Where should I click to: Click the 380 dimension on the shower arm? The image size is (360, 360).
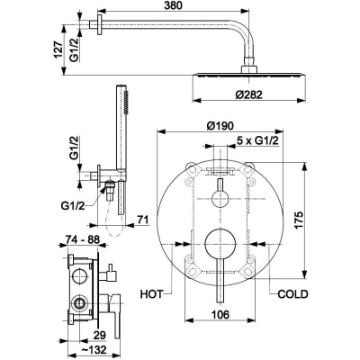click(173, 5)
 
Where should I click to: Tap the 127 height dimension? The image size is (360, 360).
click(58, 49)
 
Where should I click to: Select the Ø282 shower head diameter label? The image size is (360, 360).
click(248, 94)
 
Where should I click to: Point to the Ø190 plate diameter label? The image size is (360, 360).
click(220, 126)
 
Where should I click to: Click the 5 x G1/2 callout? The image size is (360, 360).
click(257, 140)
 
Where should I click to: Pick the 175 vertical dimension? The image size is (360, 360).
click(299, 221)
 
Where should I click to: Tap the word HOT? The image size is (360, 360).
click(151, 294)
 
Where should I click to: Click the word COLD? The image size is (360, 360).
click(292, 294)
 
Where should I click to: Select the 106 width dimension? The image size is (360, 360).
click(220, 315)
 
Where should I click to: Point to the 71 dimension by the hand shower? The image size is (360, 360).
click(143, 220)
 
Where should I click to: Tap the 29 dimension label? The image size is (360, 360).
click(99, 335)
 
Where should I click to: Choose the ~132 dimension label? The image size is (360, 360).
click(94, 350)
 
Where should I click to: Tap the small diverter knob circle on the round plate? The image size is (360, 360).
click(220, 198)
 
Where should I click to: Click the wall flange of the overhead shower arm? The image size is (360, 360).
click(100, 24)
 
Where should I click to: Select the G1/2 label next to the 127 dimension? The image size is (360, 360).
click(74, 49)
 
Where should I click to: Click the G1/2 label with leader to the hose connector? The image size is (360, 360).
click(73, 206)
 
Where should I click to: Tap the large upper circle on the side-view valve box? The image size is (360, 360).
click(80, 275)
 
